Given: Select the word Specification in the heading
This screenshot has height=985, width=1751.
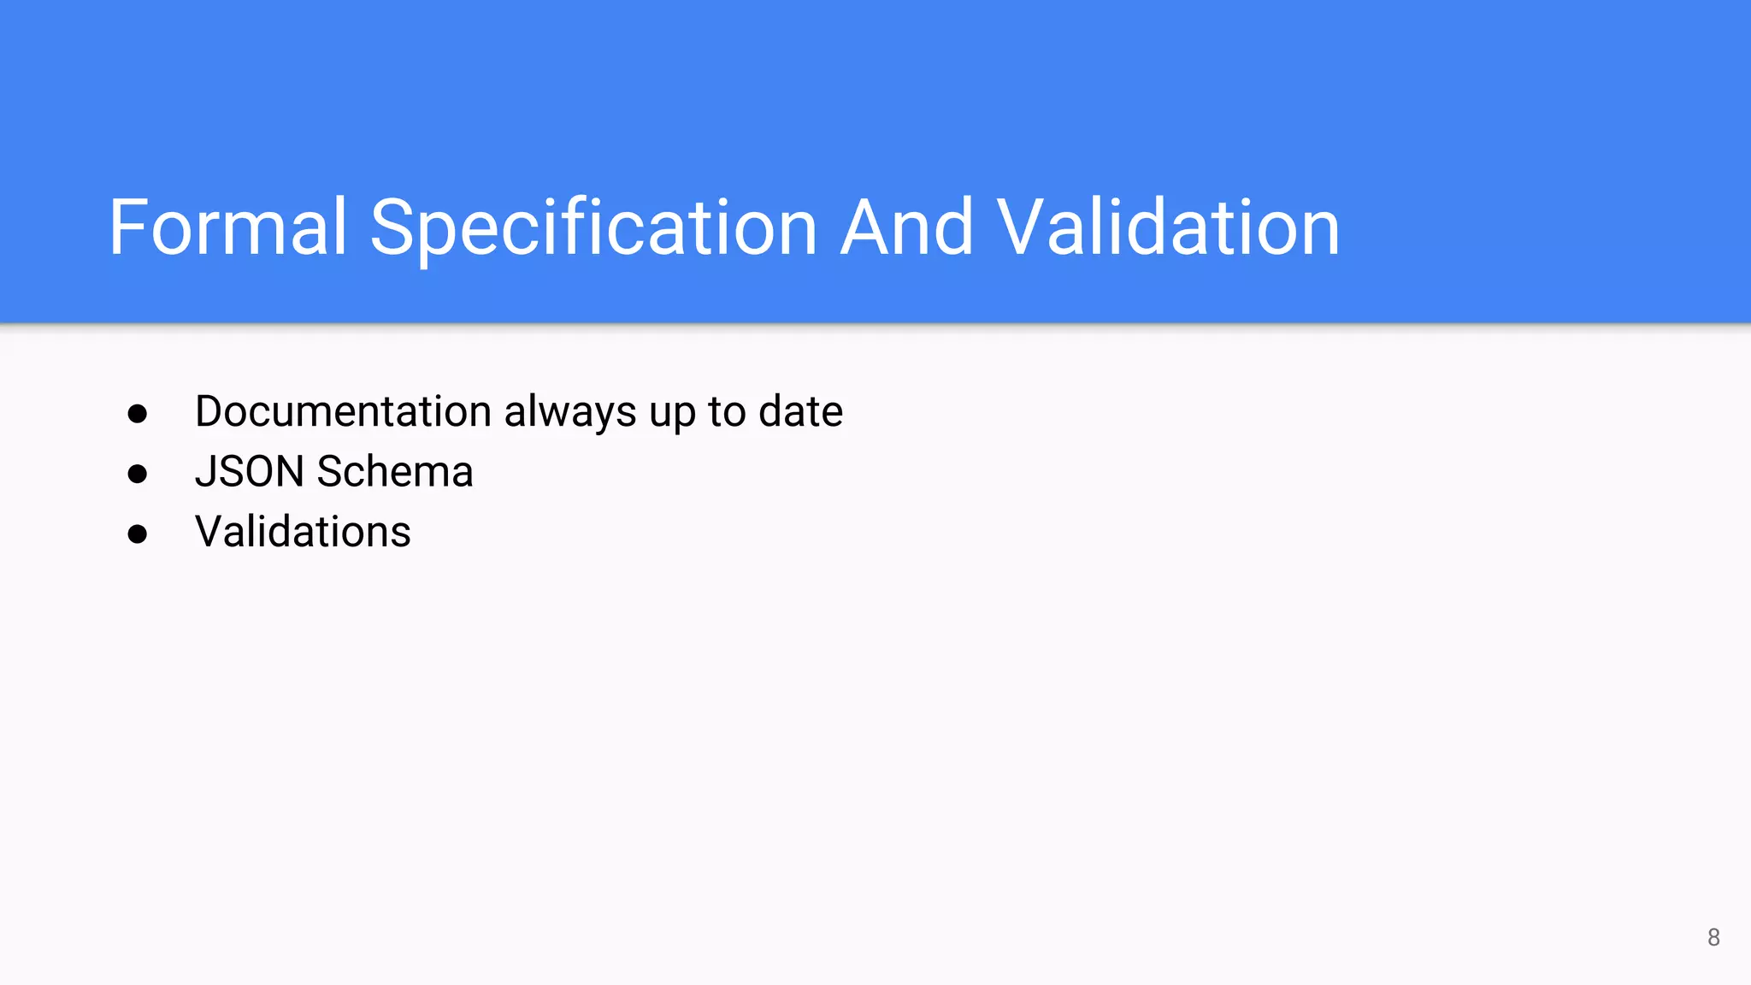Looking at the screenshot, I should tap(593, 228).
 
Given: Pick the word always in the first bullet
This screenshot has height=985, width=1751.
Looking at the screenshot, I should tap(570, 413).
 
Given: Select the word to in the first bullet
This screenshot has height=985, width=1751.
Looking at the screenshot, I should tap(727, 411).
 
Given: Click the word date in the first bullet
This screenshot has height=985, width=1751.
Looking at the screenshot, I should tap(800, 411).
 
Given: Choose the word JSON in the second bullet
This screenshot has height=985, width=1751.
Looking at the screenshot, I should tap(250, 471).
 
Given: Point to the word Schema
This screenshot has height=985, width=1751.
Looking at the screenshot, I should tap(395, 471).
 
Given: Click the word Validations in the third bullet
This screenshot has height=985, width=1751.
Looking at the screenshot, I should tap(303, 531).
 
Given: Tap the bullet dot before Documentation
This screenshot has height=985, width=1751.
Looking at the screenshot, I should tap(138, 414).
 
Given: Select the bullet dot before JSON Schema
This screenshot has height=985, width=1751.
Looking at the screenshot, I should tap(138, 474).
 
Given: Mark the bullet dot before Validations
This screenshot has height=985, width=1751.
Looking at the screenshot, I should tap(138, 534).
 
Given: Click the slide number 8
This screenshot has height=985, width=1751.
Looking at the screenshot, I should tap(1713, 937).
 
